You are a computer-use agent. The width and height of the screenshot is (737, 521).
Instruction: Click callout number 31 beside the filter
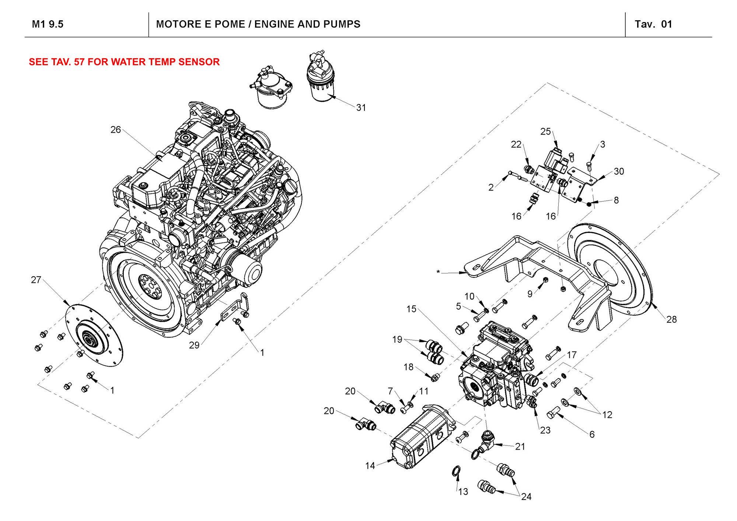pos(361,108)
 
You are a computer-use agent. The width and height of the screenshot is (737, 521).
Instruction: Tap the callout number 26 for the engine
pos(115,130)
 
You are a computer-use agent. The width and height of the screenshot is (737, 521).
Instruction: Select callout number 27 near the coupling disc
pos(36,280)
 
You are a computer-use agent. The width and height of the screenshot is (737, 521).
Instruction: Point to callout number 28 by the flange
pos(671,319)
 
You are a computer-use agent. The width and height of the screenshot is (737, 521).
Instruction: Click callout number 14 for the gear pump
pos(370,466)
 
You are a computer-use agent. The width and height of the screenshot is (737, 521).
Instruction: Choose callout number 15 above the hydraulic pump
pos(411,309)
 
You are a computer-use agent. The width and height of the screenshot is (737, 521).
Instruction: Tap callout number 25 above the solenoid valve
pos(545,132)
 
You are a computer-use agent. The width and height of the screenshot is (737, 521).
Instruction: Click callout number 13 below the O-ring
pos(463,492)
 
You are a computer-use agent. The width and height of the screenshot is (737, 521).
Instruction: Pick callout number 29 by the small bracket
pos(194,345)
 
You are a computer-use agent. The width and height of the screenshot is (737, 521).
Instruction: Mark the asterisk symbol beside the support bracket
pos(438,272)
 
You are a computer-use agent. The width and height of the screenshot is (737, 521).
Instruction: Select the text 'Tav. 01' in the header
pos(653,24)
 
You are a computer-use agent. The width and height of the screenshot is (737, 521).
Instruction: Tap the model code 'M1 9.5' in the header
pos(48,24)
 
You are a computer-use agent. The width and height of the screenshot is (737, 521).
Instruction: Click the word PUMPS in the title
pos(342,24)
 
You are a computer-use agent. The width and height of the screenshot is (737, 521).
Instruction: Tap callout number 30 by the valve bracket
pos(619,171)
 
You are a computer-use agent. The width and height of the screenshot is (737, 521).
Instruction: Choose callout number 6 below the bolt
pos(592,434)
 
